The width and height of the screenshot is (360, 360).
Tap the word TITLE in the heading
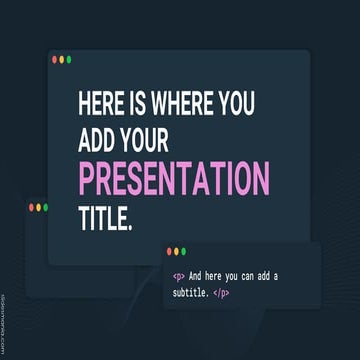tap(105, 216)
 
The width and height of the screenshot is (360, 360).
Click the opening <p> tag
tap(178, 276)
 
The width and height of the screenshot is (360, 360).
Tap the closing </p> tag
tap(248, 295)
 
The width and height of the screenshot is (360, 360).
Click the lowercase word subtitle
tap(195, 295)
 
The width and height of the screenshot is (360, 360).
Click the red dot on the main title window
tap(55, 60)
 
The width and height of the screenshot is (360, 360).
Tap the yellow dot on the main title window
tap(62, 60)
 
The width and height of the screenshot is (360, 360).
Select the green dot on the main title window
tap(69, 60)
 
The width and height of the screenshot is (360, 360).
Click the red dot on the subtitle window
tap(170, 251)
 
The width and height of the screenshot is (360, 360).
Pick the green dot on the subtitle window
tap(184, 251)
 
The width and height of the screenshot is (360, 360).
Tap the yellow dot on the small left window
tap(38, 207)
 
